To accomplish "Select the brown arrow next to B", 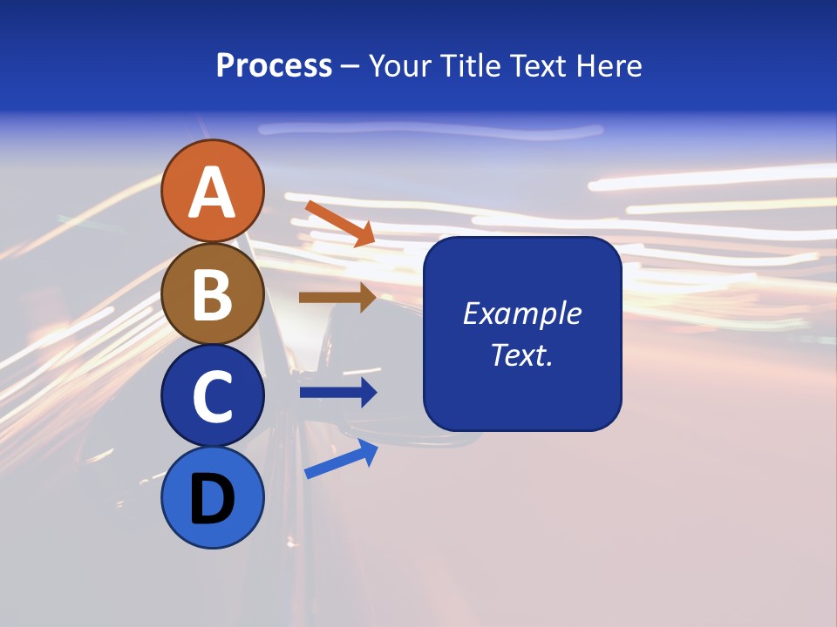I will pos(337,298).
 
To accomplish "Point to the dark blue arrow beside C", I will pos(338,393).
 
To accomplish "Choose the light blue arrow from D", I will pos(341,459).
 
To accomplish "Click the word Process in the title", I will pos(274,66).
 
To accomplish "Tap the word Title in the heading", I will pos(464,66).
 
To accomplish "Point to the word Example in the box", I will pos(521,313).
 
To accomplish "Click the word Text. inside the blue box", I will pos(521,355).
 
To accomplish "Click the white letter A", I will pos(212,193).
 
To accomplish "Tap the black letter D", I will pos(212,500).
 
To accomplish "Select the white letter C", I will pos(212,397).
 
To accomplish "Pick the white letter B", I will pos(212,295).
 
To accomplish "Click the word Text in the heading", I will pos(534,66).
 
